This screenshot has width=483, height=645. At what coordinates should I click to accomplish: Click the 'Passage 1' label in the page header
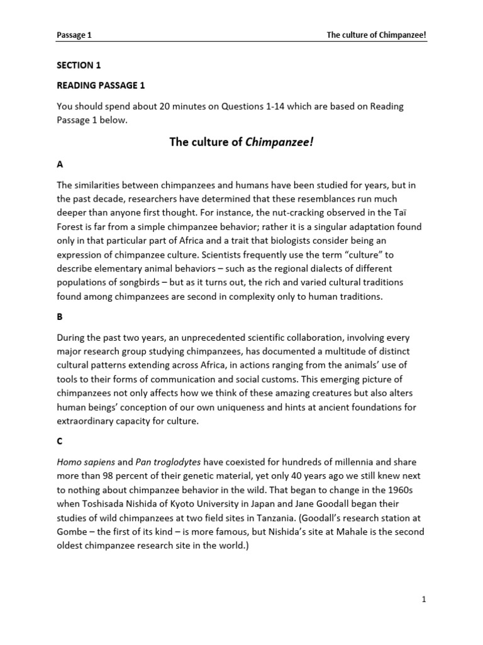74,35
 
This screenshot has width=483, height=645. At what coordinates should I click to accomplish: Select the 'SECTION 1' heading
79,65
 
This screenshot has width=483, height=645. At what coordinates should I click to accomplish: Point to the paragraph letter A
60,164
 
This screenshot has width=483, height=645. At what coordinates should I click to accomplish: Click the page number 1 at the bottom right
425,600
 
